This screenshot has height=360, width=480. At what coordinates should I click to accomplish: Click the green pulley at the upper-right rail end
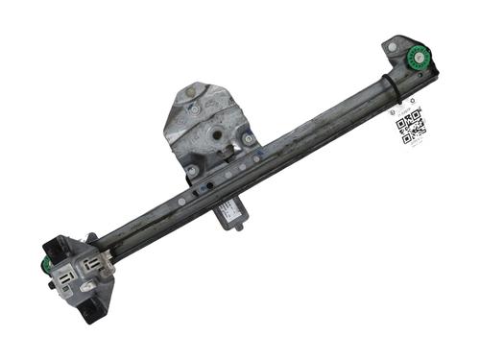420,56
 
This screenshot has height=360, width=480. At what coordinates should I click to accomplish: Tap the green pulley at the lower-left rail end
47,266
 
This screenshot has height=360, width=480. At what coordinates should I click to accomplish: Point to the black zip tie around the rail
395,86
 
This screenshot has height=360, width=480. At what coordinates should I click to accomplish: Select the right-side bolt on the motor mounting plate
249,138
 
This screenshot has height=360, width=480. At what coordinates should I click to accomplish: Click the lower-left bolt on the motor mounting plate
192,170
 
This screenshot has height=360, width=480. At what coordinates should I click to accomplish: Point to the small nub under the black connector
238,232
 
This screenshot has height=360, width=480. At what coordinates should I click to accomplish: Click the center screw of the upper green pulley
420,56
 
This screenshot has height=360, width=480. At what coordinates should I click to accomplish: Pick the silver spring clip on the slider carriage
89,285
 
